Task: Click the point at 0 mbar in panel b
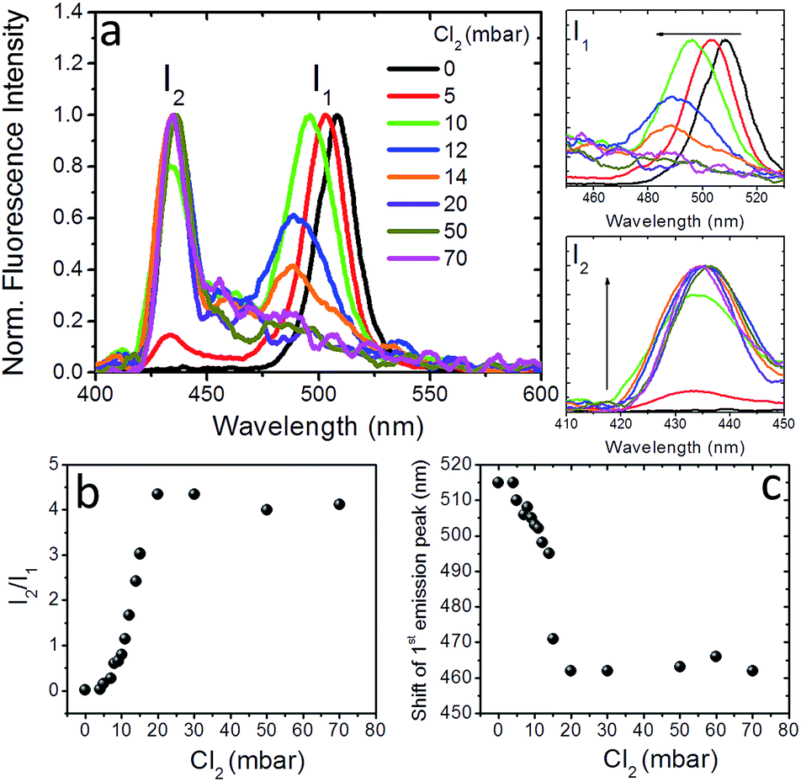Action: (x=85, y=689)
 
